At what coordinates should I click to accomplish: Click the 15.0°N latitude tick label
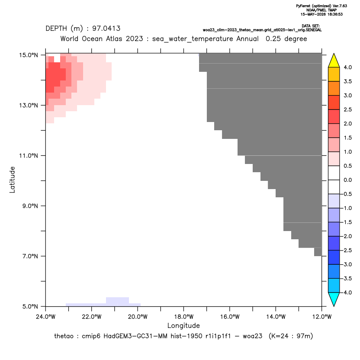29,55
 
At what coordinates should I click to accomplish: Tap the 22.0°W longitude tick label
92,317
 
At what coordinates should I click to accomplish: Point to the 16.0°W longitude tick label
230,317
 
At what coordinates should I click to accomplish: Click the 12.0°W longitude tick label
321,317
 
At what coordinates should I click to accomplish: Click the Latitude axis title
12,180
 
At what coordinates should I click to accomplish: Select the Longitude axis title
183,325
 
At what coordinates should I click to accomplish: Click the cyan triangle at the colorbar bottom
334,299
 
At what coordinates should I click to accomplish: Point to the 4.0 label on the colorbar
347,67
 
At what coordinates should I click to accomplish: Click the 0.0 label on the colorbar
347,180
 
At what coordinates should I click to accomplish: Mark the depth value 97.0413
106,29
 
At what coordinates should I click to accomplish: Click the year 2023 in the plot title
134,39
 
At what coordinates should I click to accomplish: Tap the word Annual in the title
247,39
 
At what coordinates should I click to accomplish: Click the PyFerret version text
321,6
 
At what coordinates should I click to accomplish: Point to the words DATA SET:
311,26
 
